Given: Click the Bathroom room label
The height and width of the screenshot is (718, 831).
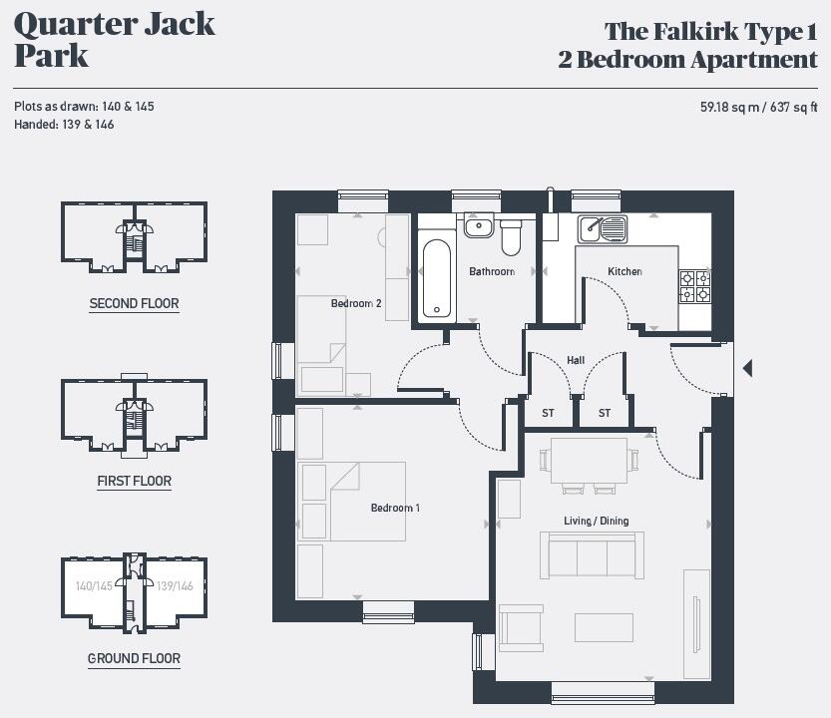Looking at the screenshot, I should [492, 271].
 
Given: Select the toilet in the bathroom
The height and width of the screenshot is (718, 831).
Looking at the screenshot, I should [511, 237].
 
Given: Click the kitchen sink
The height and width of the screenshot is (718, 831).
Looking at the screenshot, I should [603, 228].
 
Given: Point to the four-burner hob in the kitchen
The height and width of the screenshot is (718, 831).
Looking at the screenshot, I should [694, 286].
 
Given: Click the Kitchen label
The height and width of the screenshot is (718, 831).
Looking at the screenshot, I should [624, 271].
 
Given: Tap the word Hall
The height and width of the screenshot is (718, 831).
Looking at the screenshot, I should [576, 360].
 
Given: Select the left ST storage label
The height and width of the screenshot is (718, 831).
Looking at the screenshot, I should [548, 413].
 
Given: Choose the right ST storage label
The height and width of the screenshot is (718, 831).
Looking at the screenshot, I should [605, 413].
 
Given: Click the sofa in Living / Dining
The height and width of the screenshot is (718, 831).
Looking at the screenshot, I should [591, 554].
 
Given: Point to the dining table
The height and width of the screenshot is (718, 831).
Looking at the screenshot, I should [589, 460].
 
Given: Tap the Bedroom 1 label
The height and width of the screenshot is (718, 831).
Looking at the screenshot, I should [395, 508].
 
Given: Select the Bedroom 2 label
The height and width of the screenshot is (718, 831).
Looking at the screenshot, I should [356, 303].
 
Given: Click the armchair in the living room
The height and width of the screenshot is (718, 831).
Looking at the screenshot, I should [522, 627].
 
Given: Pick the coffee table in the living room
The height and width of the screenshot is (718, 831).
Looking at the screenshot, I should [604, 626].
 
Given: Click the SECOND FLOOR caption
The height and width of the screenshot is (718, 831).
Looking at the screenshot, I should [134, 303].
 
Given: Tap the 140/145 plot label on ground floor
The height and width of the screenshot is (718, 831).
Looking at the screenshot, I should [94, 586].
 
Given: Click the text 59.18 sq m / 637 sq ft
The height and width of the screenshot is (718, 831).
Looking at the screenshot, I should [758, 107].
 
